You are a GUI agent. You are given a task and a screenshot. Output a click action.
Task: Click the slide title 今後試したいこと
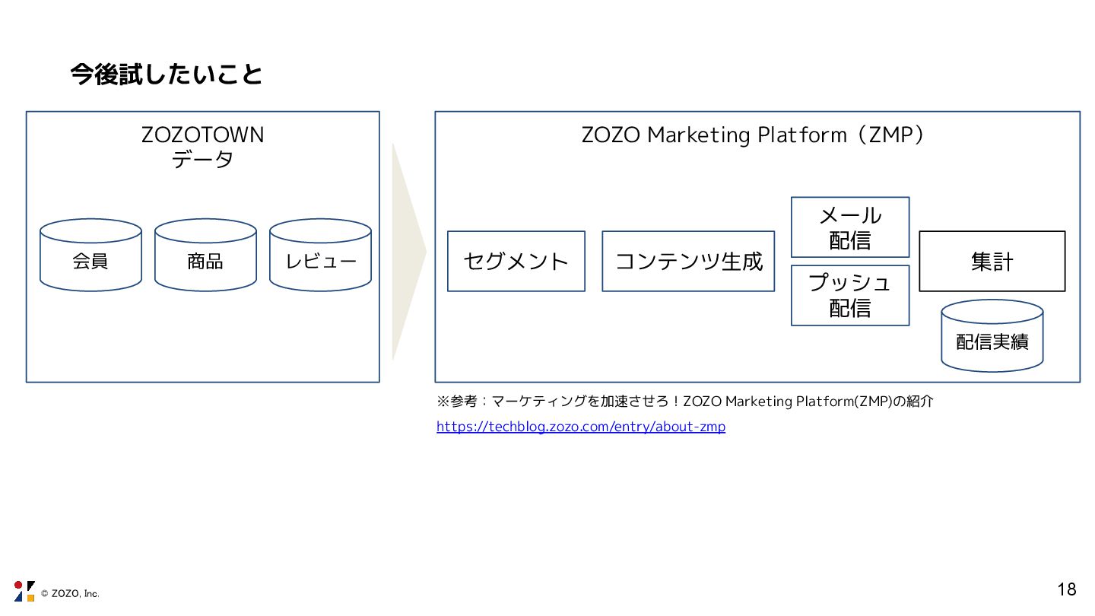(167, 75)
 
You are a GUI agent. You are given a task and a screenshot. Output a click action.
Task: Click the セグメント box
(516, 262)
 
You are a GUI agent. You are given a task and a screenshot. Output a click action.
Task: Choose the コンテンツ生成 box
(688, 262)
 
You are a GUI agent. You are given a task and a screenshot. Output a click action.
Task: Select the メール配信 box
(850, 227)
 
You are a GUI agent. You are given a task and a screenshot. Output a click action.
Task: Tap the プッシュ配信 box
(850, 295)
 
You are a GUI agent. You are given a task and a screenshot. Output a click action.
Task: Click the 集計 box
(992, 262)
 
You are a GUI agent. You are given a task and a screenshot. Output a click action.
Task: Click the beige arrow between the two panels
(407, 251)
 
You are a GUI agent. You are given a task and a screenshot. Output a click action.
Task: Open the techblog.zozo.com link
(581, 427)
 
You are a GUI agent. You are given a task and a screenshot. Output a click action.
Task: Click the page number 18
(1067, 589)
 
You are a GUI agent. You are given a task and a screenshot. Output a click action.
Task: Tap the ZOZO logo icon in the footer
(24, 591)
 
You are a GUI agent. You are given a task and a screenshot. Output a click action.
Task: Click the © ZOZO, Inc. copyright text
(70, 594)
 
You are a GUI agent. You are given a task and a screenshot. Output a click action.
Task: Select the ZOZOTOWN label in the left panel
(203, 135)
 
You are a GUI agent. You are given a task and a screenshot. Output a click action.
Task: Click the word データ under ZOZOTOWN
(203, 160)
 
